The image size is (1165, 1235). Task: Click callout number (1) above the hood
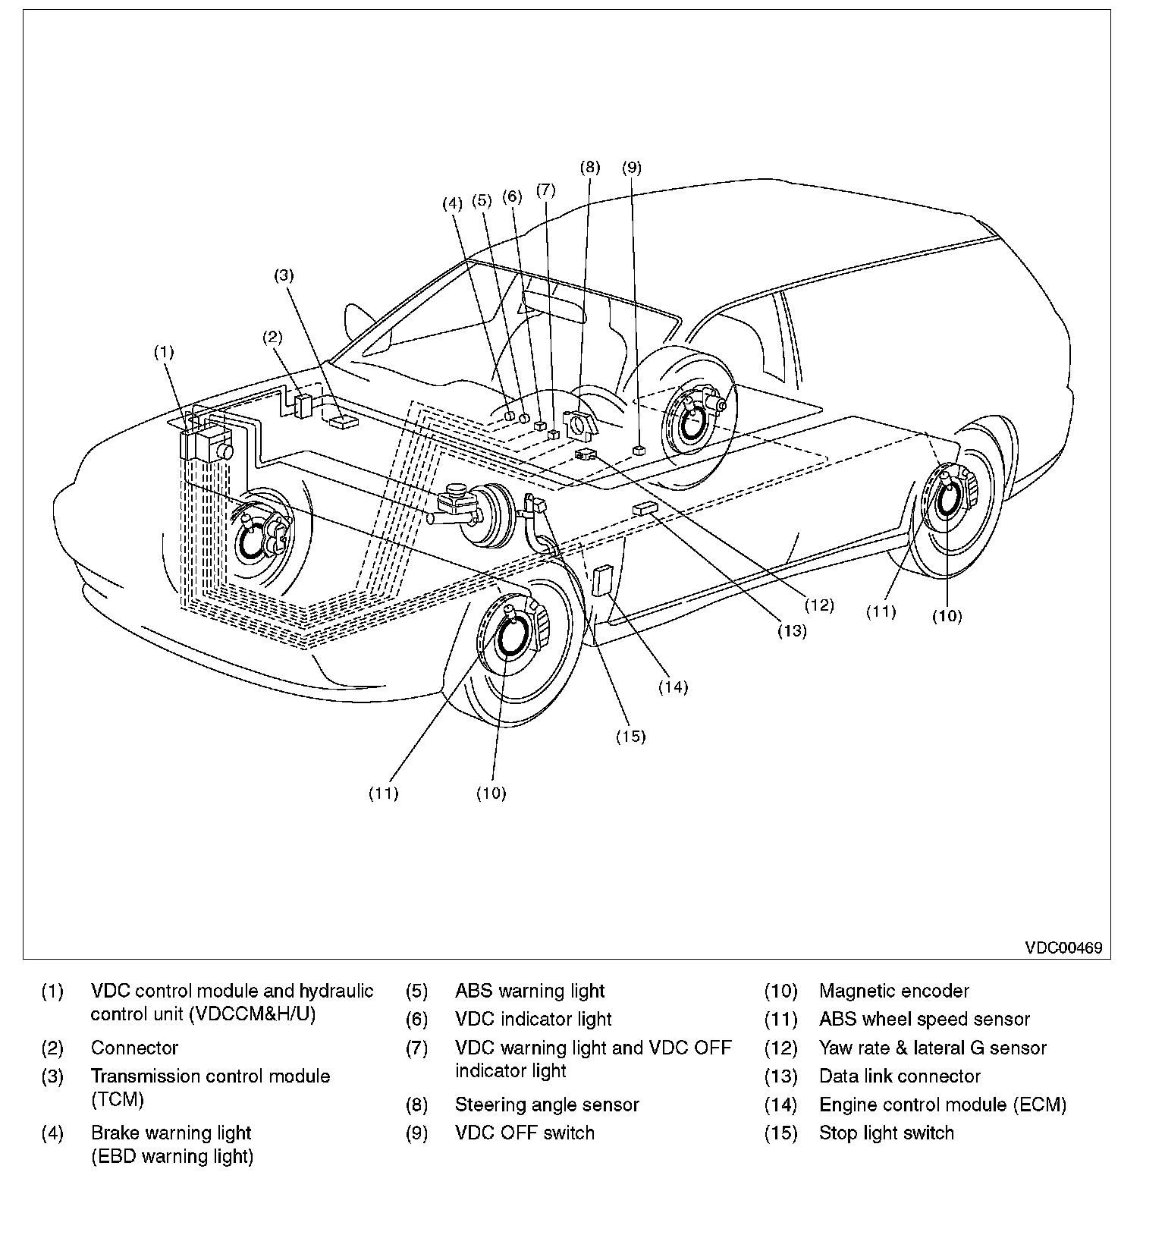pos(164,352)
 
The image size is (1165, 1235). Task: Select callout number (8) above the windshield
pos(589,167)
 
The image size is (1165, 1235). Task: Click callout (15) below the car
pos(630,736)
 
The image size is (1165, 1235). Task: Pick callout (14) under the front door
pos(673,687)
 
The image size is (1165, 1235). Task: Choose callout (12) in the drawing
pos(819,605)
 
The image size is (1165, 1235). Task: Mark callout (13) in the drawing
pos(792,630)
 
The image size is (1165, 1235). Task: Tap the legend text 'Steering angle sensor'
pos(547,1105)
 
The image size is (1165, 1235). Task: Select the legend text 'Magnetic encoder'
pos(894,991)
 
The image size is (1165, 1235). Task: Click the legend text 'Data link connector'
pos(900,1076)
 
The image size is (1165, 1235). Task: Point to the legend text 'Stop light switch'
pos(887,1133)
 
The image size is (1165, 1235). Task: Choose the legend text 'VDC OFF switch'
pos(525,1133)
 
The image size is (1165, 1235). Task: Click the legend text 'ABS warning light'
pos(529,991)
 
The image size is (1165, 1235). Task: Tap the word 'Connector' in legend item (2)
pos(134,1048)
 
